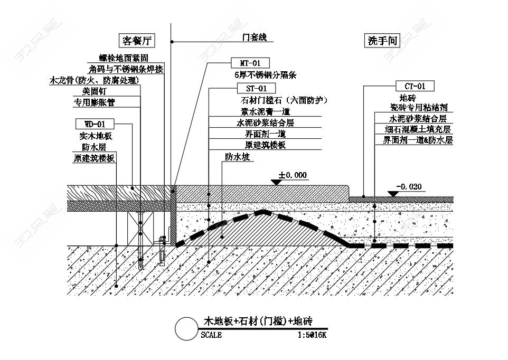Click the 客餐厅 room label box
click(137, 41)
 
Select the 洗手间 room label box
click(382, 41)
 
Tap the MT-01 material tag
click(250, 63)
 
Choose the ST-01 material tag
click(256, 88)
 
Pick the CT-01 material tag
click(415, 86)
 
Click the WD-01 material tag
click(95, 124)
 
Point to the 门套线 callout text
click(255, 37)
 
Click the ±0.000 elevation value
click(293, 175)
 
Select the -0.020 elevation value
click(409, 187)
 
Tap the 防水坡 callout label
click(238, 157)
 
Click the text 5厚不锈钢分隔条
click(266, 75)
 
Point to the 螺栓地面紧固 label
click(124, 58)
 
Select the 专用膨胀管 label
click(95, 102)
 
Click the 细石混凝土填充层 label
click(418, 129)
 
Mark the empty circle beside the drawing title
click(186, 329)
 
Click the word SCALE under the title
click(211, 335)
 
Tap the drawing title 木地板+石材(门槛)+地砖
click(258, 321)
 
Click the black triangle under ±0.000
click(276, 183)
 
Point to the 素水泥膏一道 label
click(265, 111)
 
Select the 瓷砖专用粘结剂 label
click(419, 107)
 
